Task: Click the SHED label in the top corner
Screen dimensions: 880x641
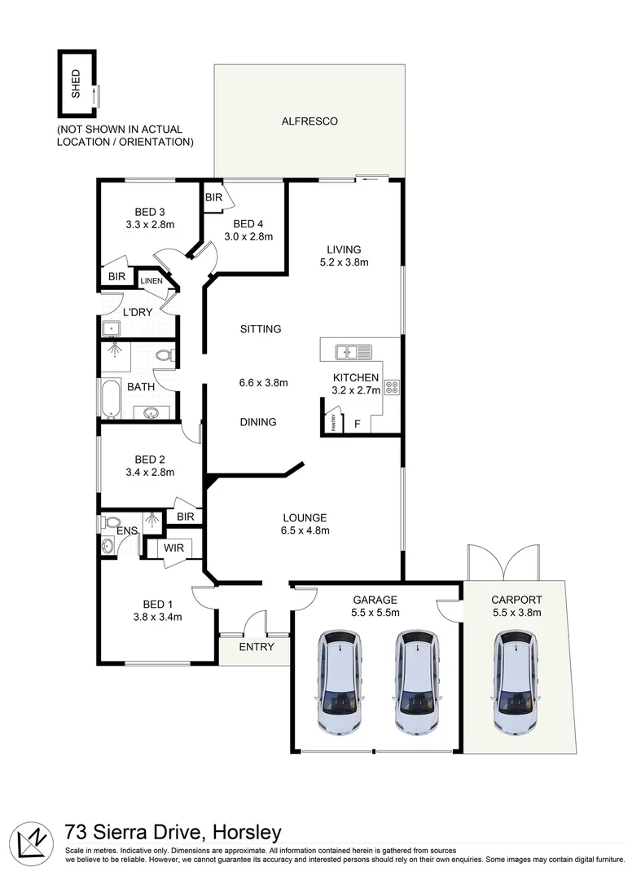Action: pyautogui.click(x=77, y=84)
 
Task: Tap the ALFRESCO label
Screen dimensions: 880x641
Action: pyautogui.click(x=309, y=121)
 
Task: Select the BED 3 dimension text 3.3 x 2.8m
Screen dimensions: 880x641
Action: pyautogui.click(x=151, y=224)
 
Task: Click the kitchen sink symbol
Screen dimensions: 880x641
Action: pyautogui.click(x=353, y=352)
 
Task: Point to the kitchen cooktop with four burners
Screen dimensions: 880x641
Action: pyautogui.click(x=392, y=388)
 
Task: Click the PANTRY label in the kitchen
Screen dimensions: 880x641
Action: pyautogui.click(x=331, y=423)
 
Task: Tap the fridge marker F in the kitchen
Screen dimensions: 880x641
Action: pyautogui.click(x=356, y=425)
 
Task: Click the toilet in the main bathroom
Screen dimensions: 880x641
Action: pyautogui.click(x=164, y=356)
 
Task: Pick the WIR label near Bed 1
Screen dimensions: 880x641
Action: pyautogui.click(x=173, y=548)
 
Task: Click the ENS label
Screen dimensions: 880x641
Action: pyautogui.click(x=126, y=531)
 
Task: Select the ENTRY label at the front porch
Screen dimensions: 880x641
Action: pyautogui.click(x=255, y=647)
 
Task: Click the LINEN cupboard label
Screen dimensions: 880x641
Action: pyautogui.click(x=151, y=281)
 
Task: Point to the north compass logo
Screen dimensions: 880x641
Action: pyautogui.click(x=33, y=839)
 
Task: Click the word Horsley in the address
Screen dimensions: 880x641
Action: pyautogui.click(x=247, y=832)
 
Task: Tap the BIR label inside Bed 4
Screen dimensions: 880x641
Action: pyautogui.click(x=213, y=198)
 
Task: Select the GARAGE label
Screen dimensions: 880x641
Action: pyautogui.click(x=375, y=598)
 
